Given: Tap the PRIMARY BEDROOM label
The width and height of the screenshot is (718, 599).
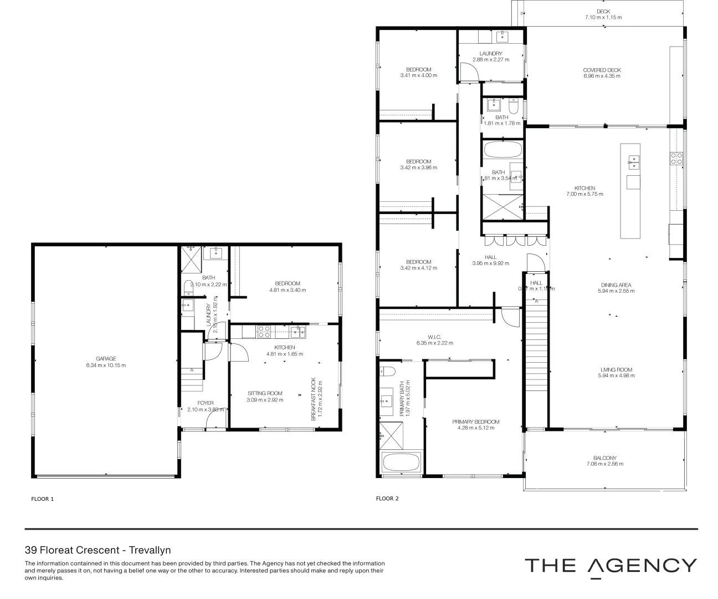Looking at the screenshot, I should coord(475,422).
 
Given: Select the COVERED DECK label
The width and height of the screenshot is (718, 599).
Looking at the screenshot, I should coord(602,70).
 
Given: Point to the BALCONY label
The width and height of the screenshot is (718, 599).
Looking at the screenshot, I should coord(604,458).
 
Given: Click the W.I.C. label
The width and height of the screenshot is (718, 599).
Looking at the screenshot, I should coord(434,336).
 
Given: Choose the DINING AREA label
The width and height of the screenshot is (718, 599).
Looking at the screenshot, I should coord(616,285).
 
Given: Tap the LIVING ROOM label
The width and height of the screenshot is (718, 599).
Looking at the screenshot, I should coord(616,369).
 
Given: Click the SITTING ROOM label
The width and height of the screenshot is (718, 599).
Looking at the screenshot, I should coord(265,393).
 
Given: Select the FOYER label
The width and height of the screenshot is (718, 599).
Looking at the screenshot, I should coord(206,403).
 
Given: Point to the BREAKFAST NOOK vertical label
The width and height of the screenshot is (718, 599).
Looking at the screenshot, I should coord(314,399).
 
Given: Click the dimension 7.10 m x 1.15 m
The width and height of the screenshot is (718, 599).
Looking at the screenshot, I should coord(603,17).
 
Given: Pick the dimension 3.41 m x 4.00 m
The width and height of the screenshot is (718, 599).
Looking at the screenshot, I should coord(418,75).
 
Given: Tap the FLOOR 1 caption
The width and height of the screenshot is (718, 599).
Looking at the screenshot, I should coord(42,499).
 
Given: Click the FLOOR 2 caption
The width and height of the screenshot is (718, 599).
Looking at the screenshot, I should coord(387,498).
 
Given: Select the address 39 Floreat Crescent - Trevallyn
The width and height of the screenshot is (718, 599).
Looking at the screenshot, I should coord(98,550).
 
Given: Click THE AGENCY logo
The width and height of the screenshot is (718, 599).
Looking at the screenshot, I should coord(611,566).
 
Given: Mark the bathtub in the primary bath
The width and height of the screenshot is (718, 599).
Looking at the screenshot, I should coord(401,462).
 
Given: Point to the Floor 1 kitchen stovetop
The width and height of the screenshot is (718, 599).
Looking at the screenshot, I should coord(264,332).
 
